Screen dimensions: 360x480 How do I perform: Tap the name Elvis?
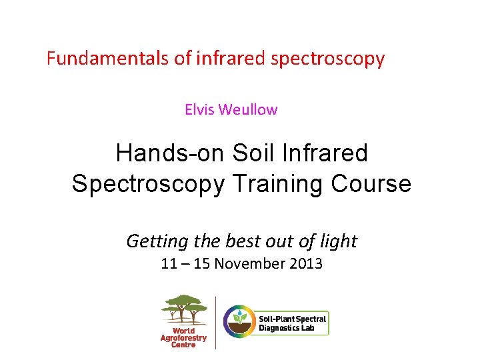tap(199, 109)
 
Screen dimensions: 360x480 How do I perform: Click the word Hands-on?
tap(171, 153)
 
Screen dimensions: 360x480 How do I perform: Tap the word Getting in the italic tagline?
tap(152, 241)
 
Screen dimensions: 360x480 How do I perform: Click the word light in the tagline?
tap(338, 241)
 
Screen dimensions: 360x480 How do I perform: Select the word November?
tap(250, 264)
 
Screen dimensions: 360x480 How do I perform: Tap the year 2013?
tap(307, 264)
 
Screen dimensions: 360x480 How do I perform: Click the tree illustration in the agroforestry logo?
tap(184, 308)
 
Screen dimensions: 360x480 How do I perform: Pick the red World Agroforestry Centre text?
tap(184, 337)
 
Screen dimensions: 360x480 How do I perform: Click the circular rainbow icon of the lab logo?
tap(239, 321)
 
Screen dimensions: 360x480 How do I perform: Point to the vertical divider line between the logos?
tap(215, 321)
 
